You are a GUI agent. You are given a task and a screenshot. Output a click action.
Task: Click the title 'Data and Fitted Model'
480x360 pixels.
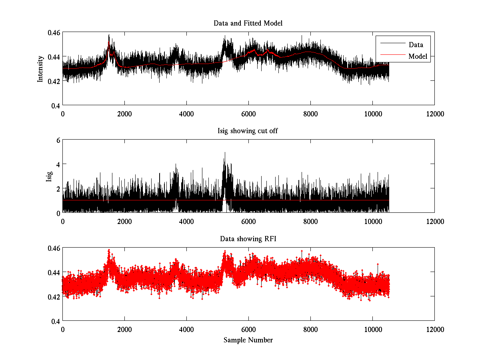(248, 23)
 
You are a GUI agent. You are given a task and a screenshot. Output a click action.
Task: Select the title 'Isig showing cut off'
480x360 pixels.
(248, 131)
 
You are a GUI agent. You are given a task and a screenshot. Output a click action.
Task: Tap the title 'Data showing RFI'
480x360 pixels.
(248, 239)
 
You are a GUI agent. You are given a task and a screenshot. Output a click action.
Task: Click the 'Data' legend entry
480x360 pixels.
(416, 45)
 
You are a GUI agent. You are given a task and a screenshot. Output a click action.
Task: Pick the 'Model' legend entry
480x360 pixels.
(418, 56)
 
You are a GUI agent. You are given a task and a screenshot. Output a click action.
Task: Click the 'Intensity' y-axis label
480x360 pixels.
(40, 68)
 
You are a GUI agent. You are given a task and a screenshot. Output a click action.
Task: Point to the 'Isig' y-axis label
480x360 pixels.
(49, 176)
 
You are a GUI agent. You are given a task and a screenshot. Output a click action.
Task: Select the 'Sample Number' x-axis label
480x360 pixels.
(248, 340)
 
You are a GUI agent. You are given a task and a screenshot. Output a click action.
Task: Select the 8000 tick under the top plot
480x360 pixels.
(310, 114)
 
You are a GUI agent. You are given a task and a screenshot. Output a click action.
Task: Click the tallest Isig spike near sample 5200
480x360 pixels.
(225, 152)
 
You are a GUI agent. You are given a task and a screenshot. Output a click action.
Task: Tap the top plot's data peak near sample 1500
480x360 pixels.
(109, 35)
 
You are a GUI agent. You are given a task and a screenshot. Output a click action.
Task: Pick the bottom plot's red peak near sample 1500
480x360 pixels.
(109, 250)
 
